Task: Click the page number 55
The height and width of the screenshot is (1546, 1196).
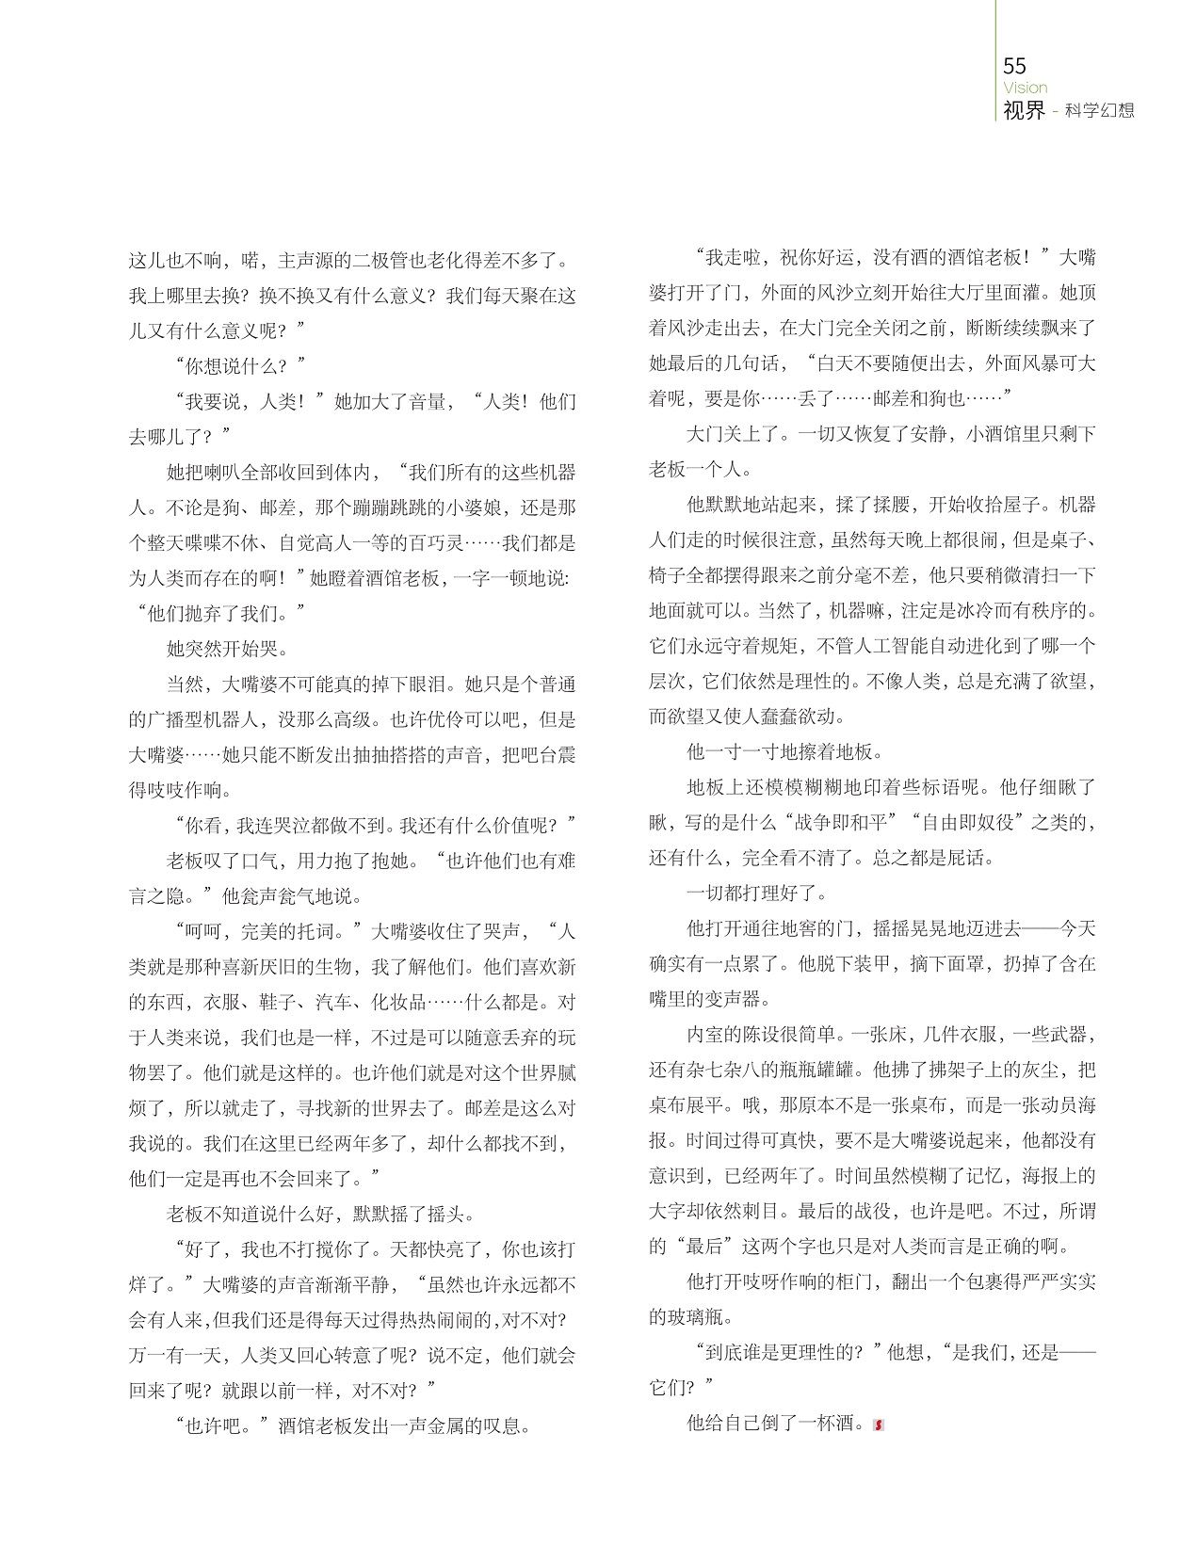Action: (1015, 65)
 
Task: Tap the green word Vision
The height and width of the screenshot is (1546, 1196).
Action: (1026, 88)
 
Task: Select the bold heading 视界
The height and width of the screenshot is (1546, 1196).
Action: (1025, 110)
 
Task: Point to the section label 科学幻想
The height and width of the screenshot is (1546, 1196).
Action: (1101, 111)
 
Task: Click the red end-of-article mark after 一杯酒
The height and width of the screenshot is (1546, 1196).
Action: (879, 1425)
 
